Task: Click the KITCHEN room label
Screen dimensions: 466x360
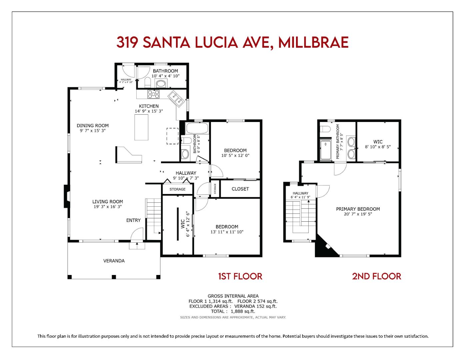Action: click(x=149, y=106)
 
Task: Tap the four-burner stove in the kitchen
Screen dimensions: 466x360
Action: click(x=153, y=94)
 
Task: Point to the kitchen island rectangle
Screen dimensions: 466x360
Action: click(x=141, y=127)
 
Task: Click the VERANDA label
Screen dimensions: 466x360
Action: click(x=114, y=261)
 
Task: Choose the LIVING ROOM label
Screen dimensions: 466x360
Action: click(x=108, y=202)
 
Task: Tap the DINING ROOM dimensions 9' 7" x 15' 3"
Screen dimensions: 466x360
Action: click(x=93, y=131)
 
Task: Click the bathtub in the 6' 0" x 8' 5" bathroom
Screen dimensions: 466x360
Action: click(x=197, y=128)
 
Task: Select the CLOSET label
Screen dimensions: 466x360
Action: click(x=240, y=189)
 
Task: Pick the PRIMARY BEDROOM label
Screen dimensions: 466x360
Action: click(x=358, y=209)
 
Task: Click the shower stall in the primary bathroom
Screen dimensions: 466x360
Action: click(x=326, y=150)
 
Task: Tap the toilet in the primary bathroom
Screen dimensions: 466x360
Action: click(x=325, y=129)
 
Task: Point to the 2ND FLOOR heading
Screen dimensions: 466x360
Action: click(x=376, y=276)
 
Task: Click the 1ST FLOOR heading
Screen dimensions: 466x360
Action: click(x=240, y=276)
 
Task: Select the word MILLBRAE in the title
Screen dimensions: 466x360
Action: click(x=313, y=42)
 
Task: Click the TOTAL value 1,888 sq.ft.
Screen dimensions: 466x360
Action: click(x=243, y=311)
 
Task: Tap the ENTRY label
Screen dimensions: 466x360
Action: click(x=133, y=220)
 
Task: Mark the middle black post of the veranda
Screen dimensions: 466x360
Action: click(x=114, y=277)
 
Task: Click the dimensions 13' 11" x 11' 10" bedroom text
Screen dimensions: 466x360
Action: click(x=227, y=232)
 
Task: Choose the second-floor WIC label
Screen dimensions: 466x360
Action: click(x=378, y=142)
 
